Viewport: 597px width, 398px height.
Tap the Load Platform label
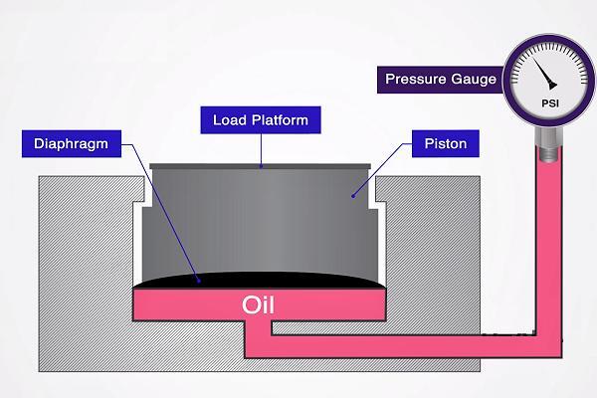pyautogui.click(x=261, y=121)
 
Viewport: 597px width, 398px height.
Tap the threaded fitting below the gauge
pyautogui.click(x=547, y=149)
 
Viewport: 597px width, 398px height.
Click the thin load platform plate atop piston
pyautogui.click(x=261, y=166)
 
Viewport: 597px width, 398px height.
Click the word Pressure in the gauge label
pyautogui.click(x=412, y=79)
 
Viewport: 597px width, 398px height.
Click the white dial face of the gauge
pyautogui.click(x=527, y=85)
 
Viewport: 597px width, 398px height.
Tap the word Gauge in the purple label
pyautogui.click(x=474, y=79)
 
